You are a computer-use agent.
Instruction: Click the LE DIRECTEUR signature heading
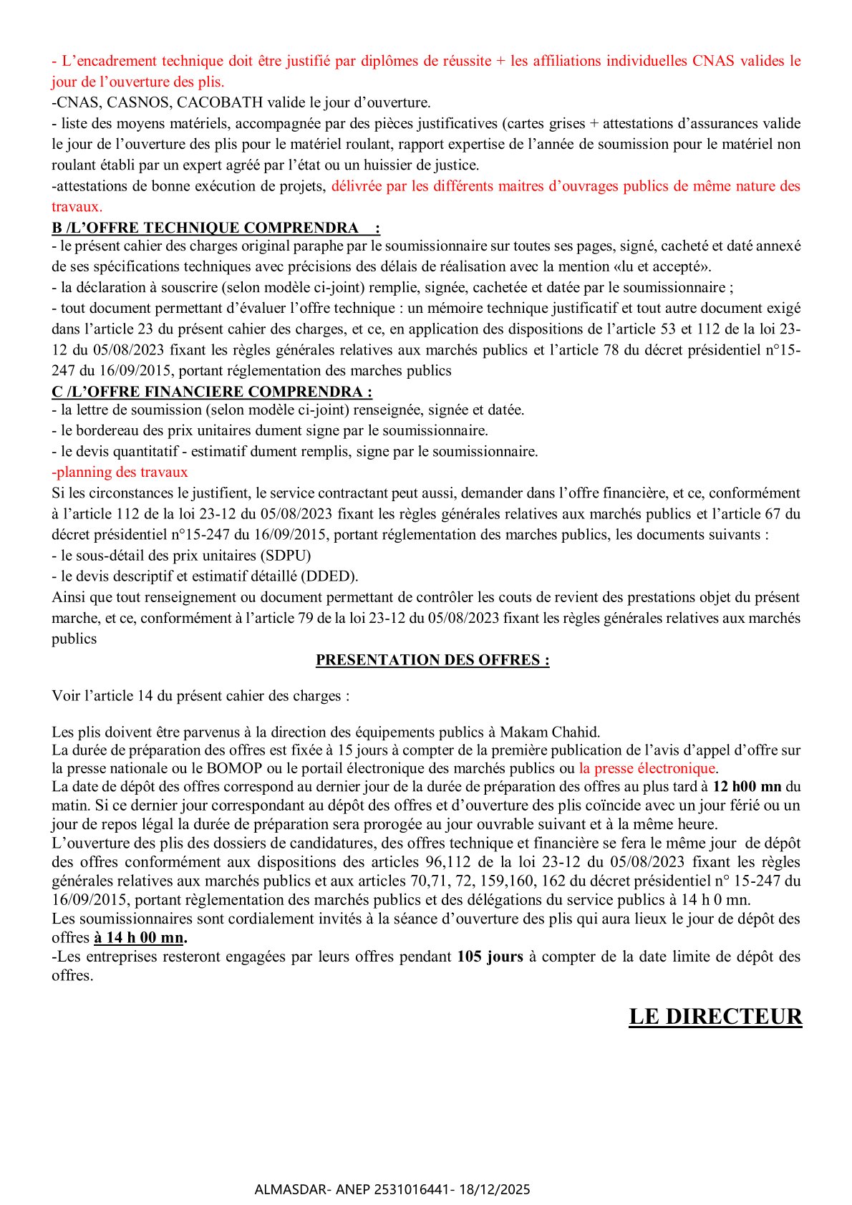coord(715,1017)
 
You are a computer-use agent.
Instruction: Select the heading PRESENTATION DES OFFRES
coord(432,660)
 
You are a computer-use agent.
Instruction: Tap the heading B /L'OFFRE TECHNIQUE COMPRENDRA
coord(216,228)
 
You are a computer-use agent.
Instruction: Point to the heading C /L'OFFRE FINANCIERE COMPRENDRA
coord(212,392)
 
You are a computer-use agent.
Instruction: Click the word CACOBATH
coord(220,102)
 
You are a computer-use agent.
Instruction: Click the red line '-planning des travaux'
coord(120,472)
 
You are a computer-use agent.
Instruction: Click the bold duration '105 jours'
coord(490,957)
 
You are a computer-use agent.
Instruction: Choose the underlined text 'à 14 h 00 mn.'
coord(140,938)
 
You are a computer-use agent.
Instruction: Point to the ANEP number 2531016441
coord(410,1189)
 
